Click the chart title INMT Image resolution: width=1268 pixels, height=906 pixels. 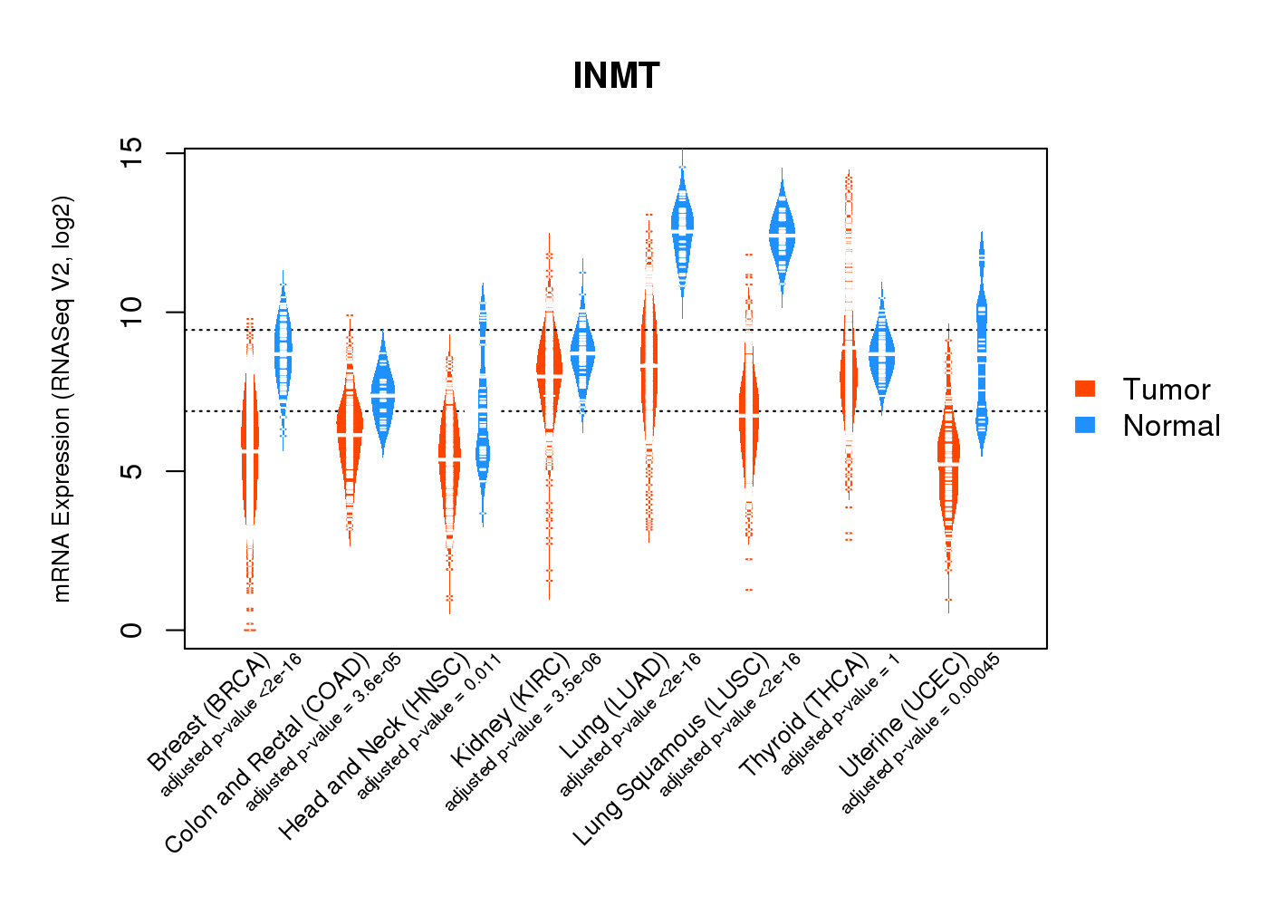coord(616,76)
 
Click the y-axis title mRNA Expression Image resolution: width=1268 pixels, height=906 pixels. coord(62,399)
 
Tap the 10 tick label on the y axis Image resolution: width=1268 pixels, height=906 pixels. coord(131,313)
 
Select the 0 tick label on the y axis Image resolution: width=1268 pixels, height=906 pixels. coord(131,630)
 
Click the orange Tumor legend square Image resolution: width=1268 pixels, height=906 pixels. coord(1085,389)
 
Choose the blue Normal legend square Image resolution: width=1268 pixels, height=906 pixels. coord(1085,425)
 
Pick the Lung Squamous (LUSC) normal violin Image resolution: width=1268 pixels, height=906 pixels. coord(782,231)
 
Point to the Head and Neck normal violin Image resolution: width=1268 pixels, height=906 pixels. coord(483,435)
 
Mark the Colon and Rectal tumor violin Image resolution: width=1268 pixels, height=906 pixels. coord(350,435)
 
